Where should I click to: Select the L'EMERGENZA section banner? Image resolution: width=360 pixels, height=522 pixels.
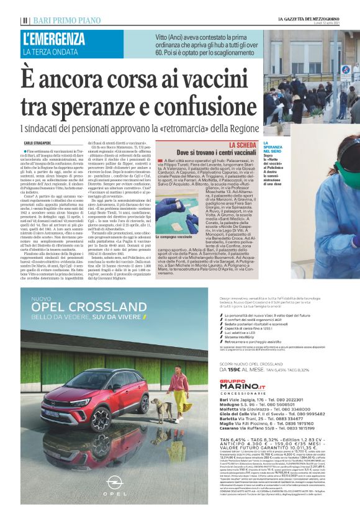tap(53, 38)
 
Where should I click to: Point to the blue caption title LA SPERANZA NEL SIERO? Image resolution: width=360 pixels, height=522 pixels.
tap(274, 147)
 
